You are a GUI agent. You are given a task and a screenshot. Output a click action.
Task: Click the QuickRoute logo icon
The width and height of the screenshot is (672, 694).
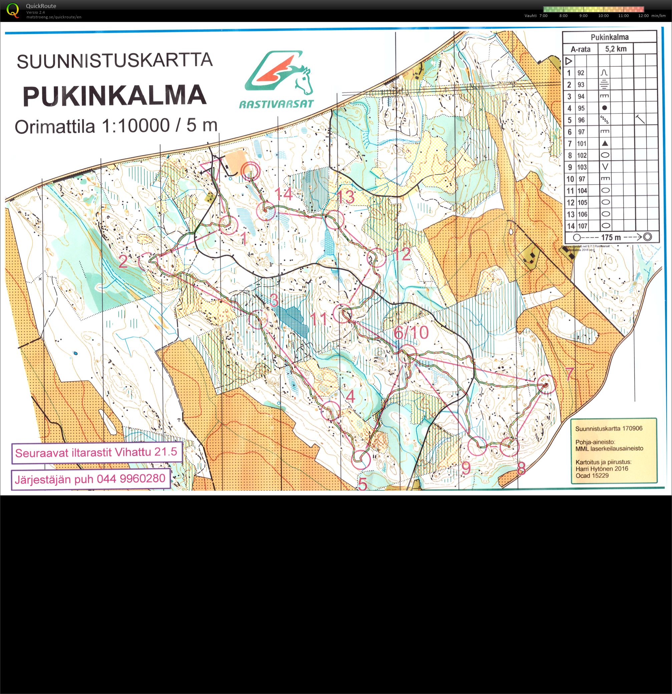pyautogui.click(x=13, y=10)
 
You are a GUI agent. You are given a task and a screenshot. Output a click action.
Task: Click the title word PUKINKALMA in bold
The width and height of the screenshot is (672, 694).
pyautogui.click(x=115, y=95)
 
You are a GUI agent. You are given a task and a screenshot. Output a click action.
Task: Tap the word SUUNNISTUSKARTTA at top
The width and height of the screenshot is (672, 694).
pyautogui.click(x=115, y=60)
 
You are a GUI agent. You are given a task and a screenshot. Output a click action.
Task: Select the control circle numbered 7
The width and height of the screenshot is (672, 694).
pyautogui.click(x=546, y=384)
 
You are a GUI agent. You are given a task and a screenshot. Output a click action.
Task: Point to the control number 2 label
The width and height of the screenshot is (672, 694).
pyautogui.click(x=123, y=262)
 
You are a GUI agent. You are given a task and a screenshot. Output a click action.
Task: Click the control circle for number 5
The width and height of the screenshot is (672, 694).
pyautogui.click(x=361, y=459)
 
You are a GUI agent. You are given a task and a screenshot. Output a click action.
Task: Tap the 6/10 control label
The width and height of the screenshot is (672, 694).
pyautogui.click(x=411, y=332)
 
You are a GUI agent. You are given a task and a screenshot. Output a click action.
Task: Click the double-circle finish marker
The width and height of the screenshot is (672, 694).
pyautogui.click(x=251, y=171)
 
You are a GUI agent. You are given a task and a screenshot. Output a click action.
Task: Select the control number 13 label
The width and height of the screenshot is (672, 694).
pyautogui.click(x=345, y=197)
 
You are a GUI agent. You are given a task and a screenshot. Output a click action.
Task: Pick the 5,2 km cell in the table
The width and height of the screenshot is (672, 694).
pyautogui.click(x=616, y=49)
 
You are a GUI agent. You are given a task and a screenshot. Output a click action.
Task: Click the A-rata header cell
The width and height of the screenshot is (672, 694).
pyautogui.click(x=580, y=49)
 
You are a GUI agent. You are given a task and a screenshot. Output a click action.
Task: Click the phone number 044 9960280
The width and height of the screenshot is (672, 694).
pyautogui.click(x=131, y=479)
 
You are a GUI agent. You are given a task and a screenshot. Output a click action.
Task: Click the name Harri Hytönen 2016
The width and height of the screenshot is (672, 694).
pyautogui.click(x=602, y=468)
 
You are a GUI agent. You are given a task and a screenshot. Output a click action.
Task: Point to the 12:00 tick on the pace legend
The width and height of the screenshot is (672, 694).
pyautogui.click(x=643, y=16)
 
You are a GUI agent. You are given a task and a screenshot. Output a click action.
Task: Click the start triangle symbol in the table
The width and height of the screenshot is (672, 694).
pyautogui.click(x=569, y=61)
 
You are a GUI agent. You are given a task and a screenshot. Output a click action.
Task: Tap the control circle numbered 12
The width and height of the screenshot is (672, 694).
pyautogui.click(x=376, y=257)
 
